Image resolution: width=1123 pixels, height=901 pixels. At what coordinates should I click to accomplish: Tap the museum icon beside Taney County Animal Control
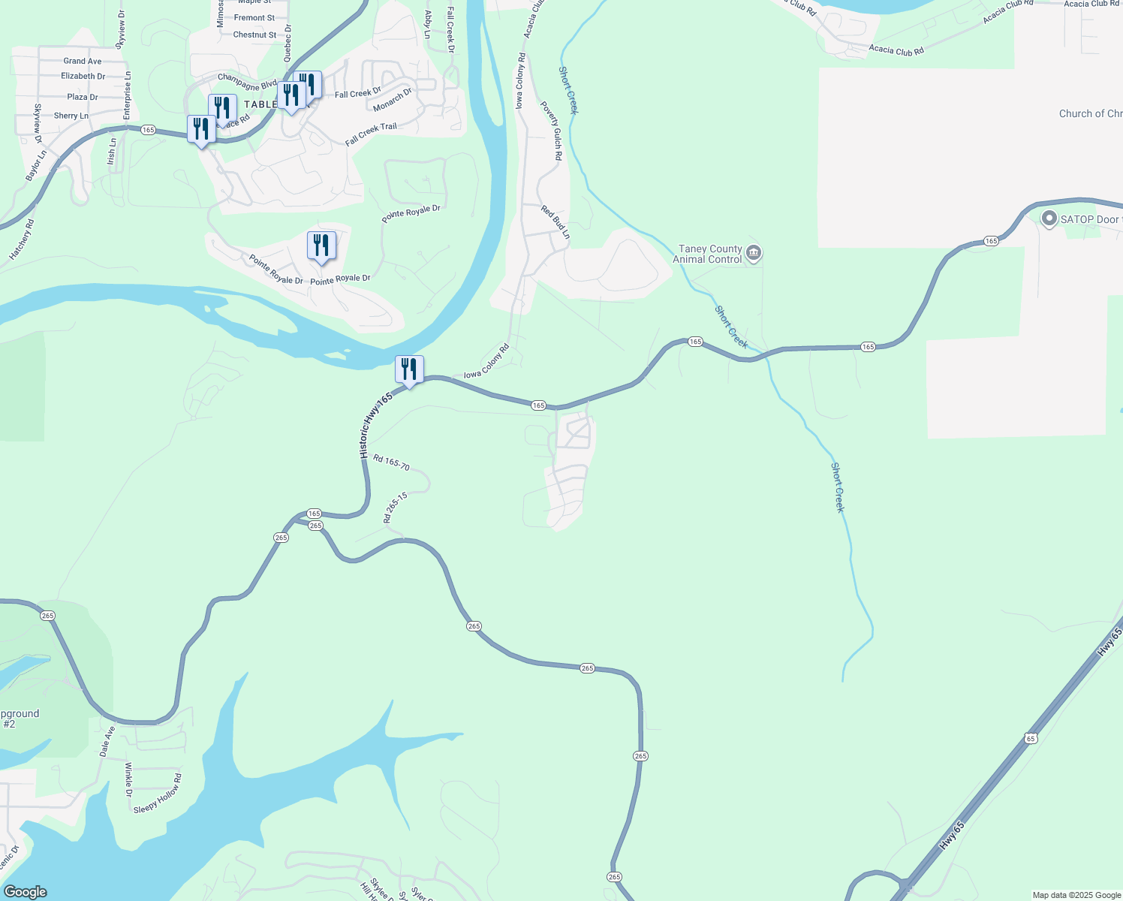pyautogui.click(x=754, y=254)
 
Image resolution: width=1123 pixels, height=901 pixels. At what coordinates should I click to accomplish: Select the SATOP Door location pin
pyautogui.click(x=1049, y=218)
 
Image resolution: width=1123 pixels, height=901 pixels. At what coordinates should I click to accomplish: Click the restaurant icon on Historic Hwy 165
pyautogui.click(x=409, y=369)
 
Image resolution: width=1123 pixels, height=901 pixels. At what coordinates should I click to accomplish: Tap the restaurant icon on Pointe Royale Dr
pyautogui.click(x=321, y=246)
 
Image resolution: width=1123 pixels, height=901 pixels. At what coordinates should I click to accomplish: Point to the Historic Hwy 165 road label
pyautogui.click(x=375, y=425)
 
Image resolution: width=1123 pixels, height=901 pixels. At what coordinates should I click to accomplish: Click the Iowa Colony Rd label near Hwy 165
pyautogui.click(x=486, y=362)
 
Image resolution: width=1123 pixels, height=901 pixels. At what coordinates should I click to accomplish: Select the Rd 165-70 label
pyautogui.click(x=391, y=463)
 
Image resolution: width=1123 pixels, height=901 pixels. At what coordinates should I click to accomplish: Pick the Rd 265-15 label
pyautogui.click(x=395, y=508)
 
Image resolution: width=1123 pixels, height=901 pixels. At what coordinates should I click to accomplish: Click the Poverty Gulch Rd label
pyautogui.click(x=552, y=131)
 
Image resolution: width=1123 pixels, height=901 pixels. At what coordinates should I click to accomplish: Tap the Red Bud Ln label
pyautogui.click(x=556, y=222)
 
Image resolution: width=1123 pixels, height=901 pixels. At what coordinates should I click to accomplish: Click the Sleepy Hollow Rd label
pyautogui.click(x=158, y=794)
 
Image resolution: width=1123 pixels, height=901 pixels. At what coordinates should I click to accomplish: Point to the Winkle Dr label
pyautogui.click(x=128, y=779)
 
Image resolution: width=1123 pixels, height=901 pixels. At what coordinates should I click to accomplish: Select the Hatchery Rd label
pyautogui.click(x=22, y=240)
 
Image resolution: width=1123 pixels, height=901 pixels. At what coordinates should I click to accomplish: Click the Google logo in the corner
pyautogui.click(x=25, y=891)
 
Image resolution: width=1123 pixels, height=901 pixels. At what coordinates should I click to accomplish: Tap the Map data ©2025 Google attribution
pyautogui.click(x=1076, y=895)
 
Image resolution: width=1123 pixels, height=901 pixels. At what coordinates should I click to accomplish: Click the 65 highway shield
pyautogui.click(x=1031, y=739)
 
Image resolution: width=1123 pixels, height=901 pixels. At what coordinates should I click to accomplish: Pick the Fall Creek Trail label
pyautogui.click(x=371, y=134)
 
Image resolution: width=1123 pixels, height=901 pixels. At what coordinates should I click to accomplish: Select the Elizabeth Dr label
pyautogui.click(x=83, y=76)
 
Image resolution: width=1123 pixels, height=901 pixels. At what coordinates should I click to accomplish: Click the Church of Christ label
pyautogui.click(x=1090, y=114)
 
